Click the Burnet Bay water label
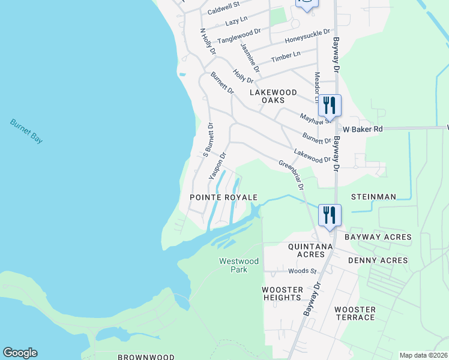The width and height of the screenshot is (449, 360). point(27,131)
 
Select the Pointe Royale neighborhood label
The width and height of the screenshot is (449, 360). point(223,197)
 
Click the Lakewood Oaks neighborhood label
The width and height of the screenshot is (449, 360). point(273,96)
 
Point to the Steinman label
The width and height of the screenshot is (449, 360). point(373,197)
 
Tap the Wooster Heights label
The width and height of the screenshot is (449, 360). point(282,293)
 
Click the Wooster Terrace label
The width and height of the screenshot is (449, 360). point(355,313)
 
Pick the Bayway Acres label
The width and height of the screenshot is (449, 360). point(378,237)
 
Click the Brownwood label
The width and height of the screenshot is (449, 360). point(146,357)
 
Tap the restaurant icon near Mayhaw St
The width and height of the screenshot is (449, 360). point(330,105)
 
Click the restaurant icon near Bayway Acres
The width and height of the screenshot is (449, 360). point(330,215)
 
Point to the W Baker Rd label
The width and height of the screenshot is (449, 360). point(363,128)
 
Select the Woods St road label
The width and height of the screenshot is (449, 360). point(302,271)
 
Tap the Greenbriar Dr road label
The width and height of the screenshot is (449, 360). point(291,175)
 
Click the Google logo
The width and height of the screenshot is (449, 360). point(20,353)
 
